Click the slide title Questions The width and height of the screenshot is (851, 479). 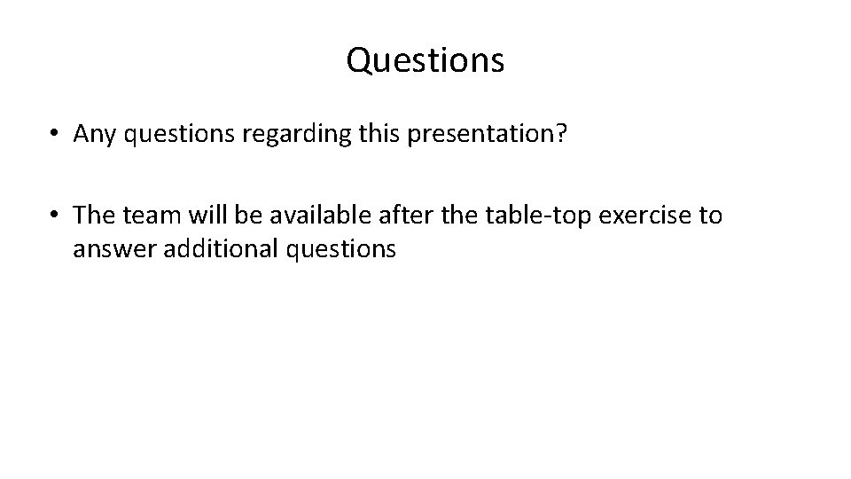[425, 60]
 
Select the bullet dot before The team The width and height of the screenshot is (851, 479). [54, 215]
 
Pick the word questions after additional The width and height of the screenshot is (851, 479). [340, 250]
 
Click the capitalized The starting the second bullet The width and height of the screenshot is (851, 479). [91, 215]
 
